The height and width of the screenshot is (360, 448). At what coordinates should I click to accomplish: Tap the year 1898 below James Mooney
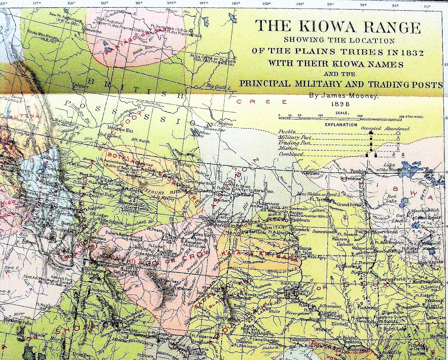click(340, 104)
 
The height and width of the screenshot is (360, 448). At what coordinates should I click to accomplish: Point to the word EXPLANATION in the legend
click(341, 124)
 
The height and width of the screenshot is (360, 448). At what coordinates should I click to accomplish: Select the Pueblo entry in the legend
click(287, 132)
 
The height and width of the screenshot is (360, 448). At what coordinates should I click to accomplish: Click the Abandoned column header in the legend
click(397, 128)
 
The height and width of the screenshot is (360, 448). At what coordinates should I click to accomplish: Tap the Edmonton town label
click(91, 32)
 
